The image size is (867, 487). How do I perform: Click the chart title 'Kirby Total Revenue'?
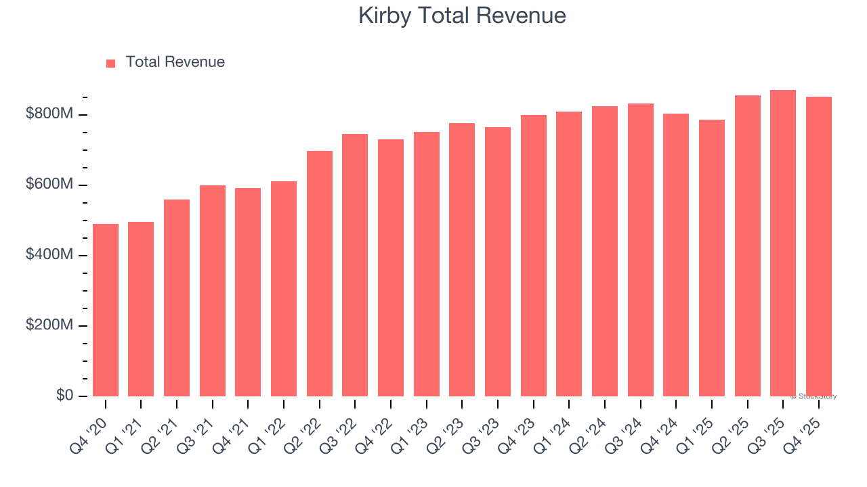click(x=462, y=15)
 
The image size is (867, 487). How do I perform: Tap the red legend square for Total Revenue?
click(x=111, y=63)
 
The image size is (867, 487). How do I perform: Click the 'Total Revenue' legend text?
click(x=175, y=62)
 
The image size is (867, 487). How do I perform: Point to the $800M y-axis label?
click(x=49, y=114)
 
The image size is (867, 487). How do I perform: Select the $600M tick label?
click(x=49, y=185)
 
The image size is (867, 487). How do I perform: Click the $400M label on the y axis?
click(x=49, y=255)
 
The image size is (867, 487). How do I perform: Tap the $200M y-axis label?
click(x=49, y=325)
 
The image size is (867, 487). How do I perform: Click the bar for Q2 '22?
click(x=320, y=273)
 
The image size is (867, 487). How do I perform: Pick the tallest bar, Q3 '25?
click(x=783, y=243)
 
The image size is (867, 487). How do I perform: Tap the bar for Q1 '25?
click(x=712, y=258)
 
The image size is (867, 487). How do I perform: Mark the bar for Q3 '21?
click(x=213, y=291)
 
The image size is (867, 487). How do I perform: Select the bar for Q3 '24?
click(x=641, y=250)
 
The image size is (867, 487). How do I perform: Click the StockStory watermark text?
click(x=813, y=396)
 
